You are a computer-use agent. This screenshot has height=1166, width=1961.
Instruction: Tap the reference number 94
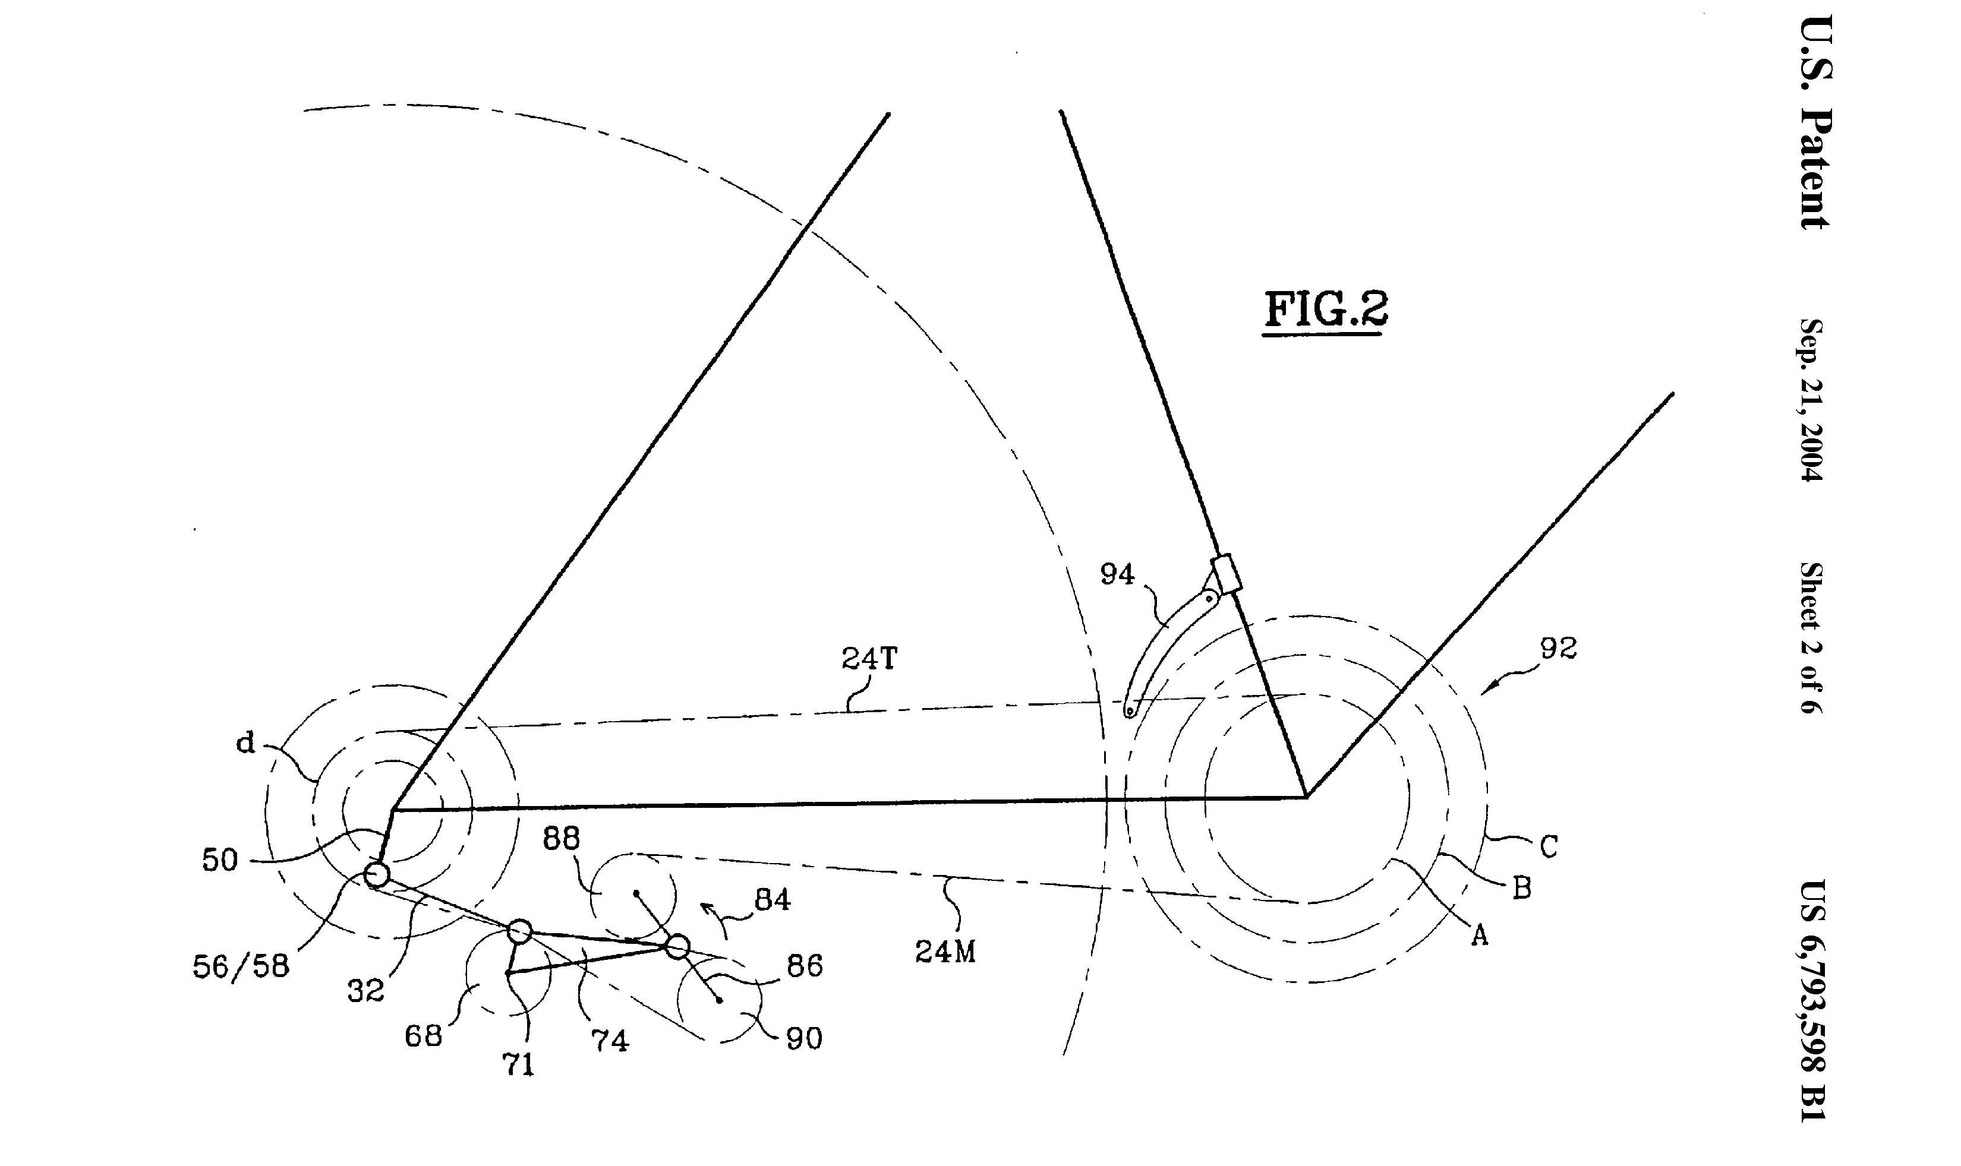tap(1117, 574)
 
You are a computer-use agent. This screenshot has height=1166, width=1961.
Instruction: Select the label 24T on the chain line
tap(869, 658)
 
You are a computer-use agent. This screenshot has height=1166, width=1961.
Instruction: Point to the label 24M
tap(945, 952)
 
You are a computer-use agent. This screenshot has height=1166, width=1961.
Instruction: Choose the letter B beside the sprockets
tap(1522, 889)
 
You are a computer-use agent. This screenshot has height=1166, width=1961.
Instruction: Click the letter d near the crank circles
tap(246, 742)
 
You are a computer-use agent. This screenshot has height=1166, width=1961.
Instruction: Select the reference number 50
tap(219, 860)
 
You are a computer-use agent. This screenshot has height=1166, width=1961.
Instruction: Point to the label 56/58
tap(241, 966)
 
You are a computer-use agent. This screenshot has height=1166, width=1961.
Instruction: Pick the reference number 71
tap(518, 1064)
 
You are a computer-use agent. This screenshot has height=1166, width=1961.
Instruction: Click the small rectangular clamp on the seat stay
tap(1226, 574)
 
